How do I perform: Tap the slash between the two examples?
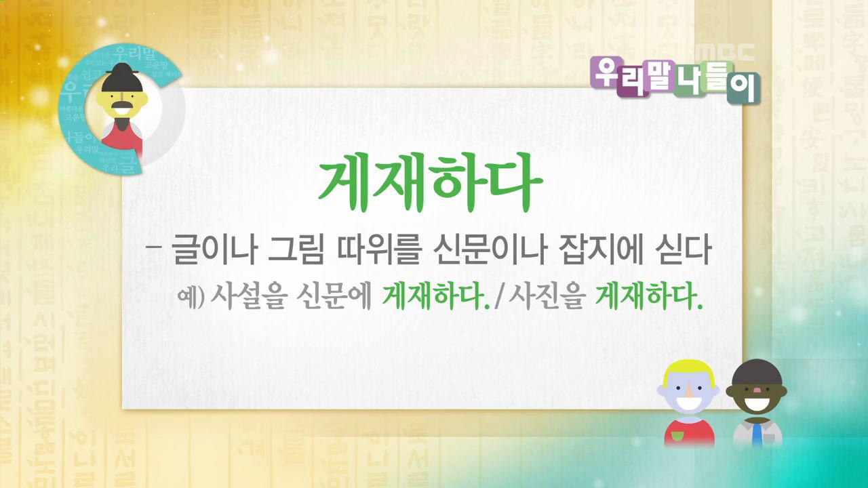[502, 296]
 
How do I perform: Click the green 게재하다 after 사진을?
[648, 296]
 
